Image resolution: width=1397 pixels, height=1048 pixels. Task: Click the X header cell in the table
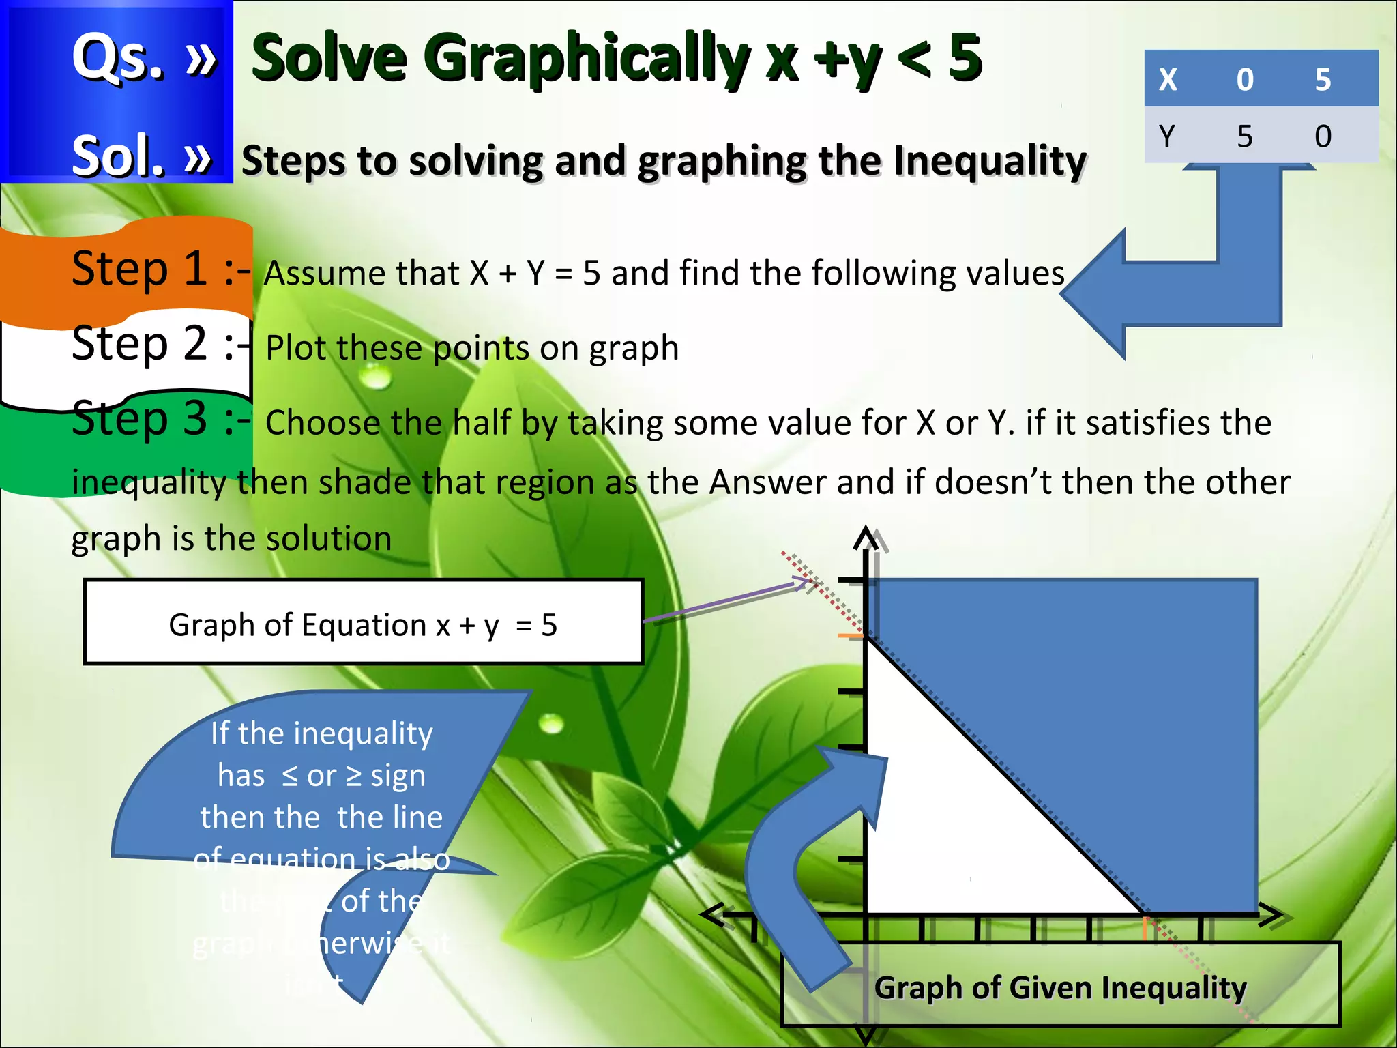tap(1168, 80)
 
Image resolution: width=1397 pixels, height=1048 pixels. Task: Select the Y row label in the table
tap(1167, 136)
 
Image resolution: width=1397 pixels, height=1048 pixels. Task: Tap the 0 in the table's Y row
tap(1323, 136)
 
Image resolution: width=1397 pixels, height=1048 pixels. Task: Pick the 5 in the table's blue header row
tap(1323, 80)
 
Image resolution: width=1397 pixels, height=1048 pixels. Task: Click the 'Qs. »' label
tap(144, 58)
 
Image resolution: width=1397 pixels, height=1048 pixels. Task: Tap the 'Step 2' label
tap(140, 343)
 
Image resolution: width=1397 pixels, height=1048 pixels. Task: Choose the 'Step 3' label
tap(140, 418)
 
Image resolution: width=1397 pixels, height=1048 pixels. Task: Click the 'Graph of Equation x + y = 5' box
tap(363, 622)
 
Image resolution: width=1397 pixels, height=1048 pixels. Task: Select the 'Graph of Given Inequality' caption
tap(1061, 987)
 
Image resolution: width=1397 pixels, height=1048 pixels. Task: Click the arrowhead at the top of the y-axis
tap(866, 538)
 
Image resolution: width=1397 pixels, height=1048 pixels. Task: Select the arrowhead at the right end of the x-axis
tap(1271, 915)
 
